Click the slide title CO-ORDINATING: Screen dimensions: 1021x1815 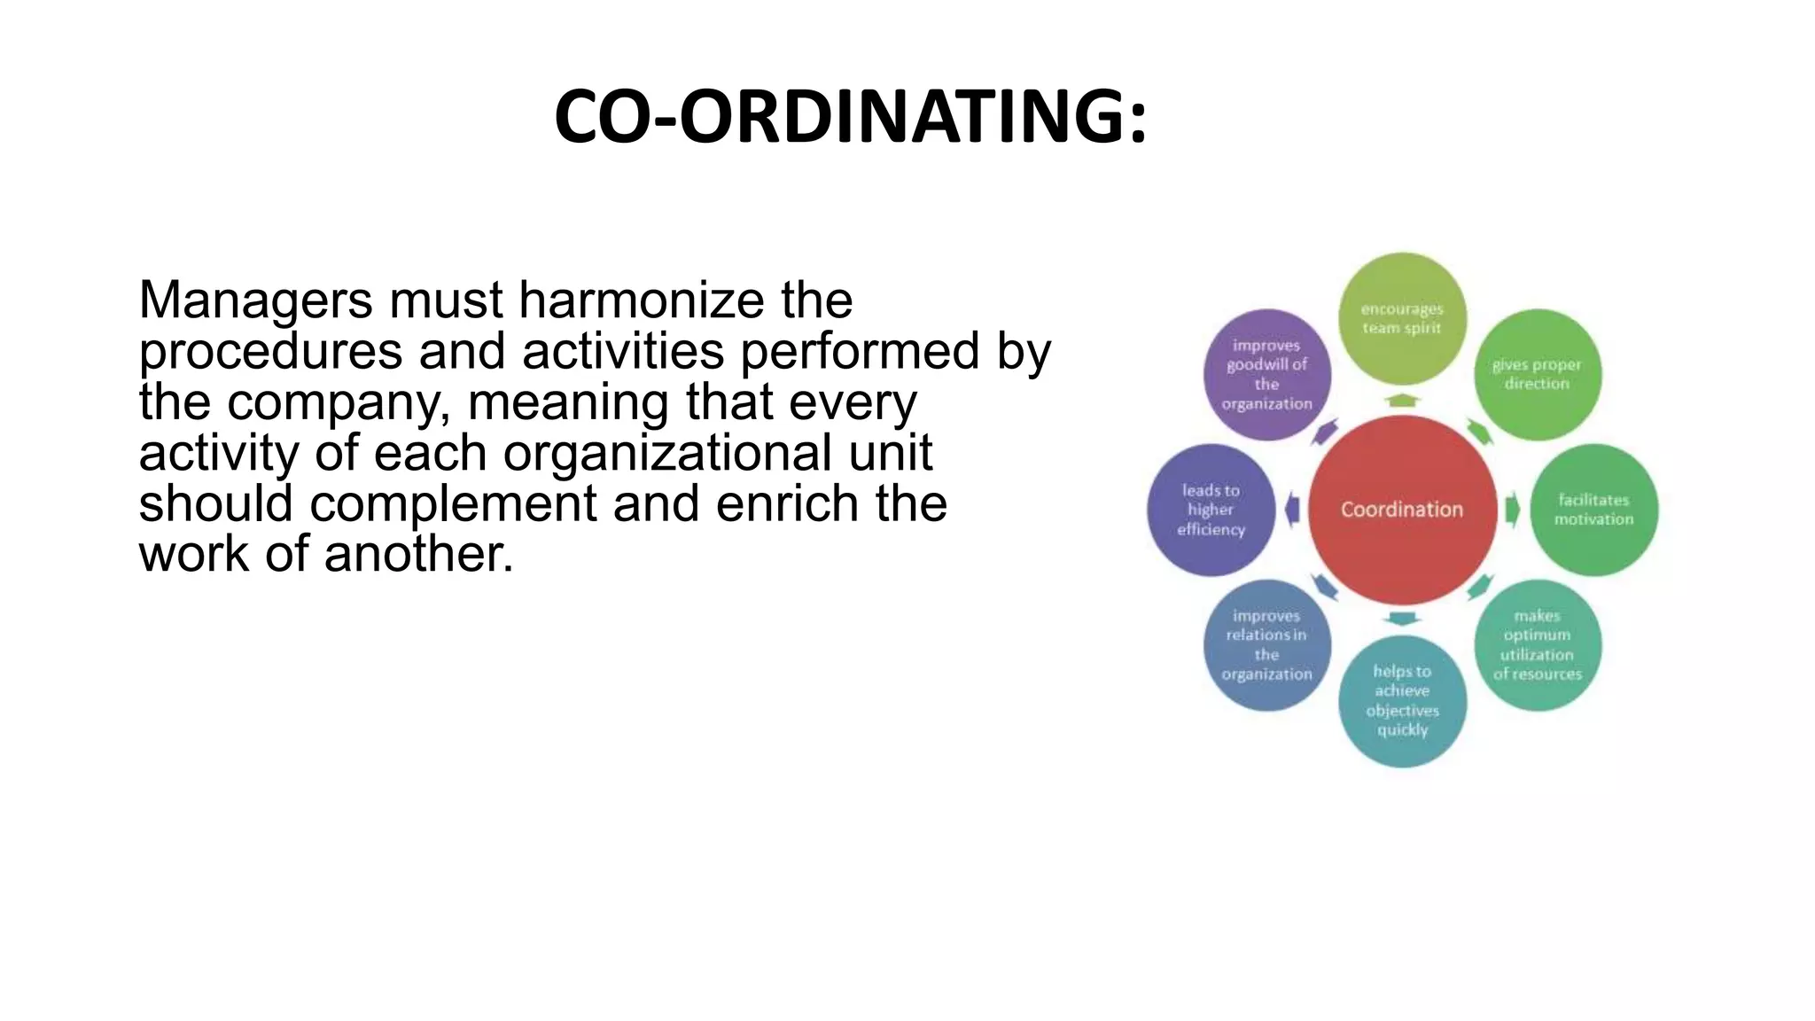pyautogui.click(x=850, y=116)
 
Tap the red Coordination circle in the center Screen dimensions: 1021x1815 pyautogui.click(x=1402, y=510)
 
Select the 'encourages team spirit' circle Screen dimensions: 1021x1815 pyautogui.click(x=1402, y=319)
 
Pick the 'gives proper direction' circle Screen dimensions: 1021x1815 pyautogui.click(x=1538, y=375)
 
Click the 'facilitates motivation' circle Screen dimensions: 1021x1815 pyautogui.click(x=1593, y=510)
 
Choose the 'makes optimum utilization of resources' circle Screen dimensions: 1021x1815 pyautogui.click(x=1538, y=645)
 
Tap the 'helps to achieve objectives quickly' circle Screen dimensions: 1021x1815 pyautogui.click(x=1402, y=701)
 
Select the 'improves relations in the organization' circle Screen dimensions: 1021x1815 pyautogui.click(x=1266, y=645)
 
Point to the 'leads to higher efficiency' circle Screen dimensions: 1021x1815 pyautogui.click(x=1211, y=510)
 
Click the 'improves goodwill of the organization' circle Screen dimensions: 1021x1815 pyautogui.click(x=1266, y=375)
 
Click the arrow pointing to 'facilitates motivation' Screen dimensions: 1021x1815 pyautogui.click(x=1513, y=510)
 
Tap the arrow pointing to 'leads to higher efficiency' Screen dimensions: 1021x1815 pyautogui.click(x=1292, y=510)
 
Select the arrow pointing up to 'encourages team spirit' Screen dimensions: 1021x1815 pyautogui.click(x=1402, y=400)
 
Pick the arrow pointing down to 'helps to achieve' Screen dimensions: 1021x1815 pyautogui.click(x=1402, y=619)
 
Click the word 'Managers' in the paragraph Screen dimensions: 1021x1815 pyautogui.click(x=255, y=300)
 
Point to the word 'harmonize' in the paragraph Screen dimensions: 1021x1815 pyautogui.click(x=641, y=300)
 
